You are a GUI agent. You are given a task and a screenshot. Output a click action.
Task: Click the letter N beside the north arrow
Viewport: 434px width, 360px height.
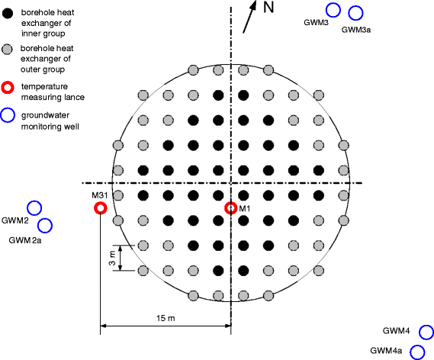pos(268,7)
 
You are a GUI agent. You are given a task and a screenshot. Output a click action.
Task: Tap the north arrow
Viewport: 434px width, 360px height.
pos(249,17)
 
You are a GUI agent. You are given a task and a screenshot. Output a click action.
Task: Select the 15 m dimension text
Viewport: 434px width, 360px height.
pos(166,318)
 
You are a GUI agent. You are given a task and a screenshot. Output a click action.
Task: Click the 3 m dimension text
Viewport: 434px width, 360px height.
pos(112,258)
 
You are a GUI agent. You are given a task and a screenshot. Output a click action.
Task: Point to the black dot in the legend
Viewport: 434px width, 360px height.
pos(8,13)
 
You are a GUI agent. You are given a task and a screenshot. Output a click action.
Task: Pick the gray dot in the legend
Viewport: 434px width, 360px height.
pos(7,50)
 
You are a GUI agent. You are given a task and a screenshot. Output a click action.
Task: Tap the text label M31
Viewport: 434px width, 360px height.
pos(100,195)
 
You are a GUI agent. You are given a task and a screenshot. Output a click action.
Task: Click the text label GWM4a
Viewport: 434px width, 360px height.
pos(386,351)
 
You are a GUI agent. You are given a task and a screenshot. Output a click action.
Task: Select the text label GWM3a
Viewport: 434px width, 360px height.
pos(356,30)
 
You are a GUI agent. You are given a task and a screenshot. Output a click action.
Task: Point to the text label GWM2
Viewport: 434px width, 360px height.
pos(15,220)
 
